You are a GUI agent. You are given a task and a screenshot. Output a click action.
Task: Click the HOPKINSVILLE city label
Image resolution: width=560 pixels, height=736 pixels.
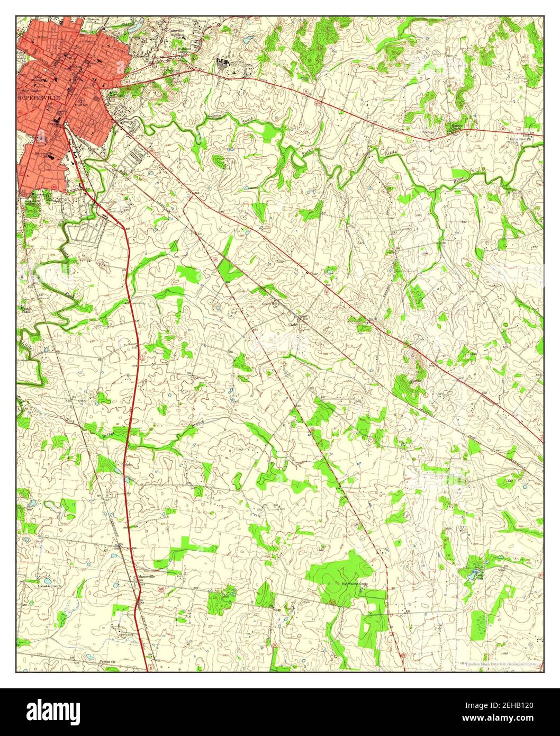pos(40,98)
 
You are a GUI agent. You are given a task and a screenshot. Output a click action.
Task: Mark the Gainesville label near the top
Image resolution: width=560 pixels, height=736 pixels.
pos(179,31)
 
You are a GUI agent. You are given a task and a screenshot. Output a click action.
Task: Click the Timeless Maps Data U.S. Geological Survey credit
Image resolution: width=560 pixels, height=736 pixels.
pos(500,663)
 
